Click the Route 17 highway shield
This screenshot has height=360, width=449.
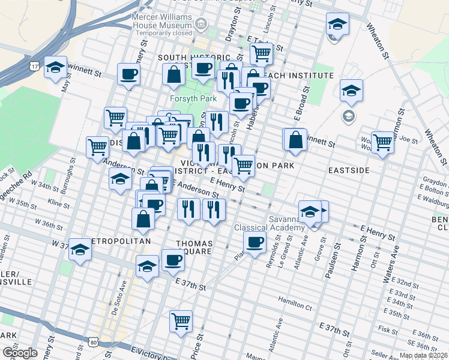point(37,65)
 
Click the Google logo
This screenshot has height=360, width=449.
point(20,352)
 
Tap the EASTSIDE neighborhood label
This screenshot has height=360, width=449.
point(349,170)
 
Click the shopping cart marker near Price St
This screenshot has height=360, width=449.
point(181,321)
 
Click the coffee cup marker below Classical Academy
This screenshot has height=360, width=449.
point(255,243)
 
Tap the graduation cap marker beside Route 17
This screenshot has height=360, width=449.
point(56,68)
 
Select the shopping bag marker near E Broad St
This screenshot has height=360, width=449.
point(295,140)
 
